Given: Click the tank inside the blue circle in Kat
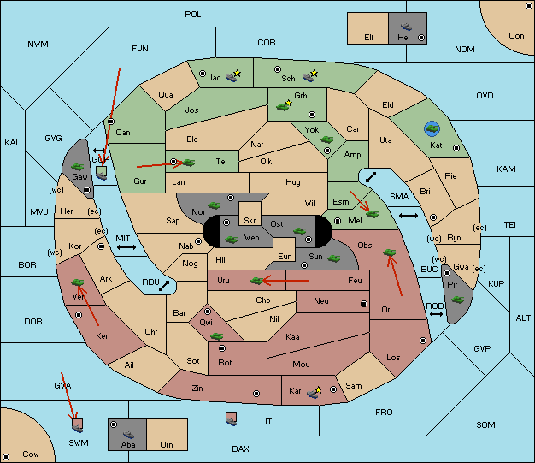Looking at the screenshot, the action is tap(432, 129).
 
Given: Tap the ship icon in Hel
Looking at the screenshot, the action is tap(406, 27).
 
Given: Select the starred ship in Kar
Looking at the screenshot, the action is tap(314, 393).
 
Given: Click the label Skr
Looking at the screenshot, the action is tap(250, 221).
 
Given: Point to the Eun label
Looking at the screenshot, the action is tap(285, 256).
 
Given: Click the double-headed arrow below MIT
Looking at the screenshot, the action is tap(126, 247).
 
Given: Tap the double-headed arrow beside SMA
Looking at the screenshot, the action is tap(409, 216).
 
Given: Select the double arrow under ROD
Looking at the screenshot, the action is tap(436, 314).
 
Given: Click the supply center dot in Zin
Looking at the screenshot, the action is tap(256, 394).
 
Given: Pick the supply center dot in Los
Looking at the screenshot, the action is tap(423, 341).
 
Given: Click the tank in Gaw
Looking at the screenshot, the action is tap(77, 167).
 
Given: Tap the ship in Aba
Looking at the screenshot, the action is tap(128, 434).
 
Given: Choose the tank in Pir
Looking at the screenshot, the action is tap(457, 300).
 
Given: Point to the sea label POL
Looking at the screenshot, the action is tap(193, 15).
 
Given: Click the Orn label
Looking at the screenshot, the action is tap(167, 444).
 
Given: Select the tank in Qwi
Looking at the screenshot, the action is tap(216, 336).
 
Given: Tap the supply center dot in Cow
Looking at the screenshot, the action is tap(6, 457).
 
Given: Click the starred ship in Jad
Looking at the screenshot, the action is tap(233, 76).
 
